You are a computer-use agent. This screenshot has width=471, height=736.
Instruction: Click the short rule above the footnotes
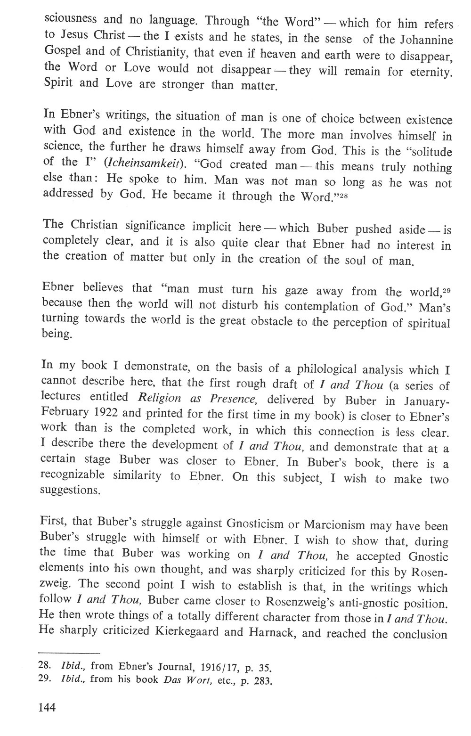coord(71,654)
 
